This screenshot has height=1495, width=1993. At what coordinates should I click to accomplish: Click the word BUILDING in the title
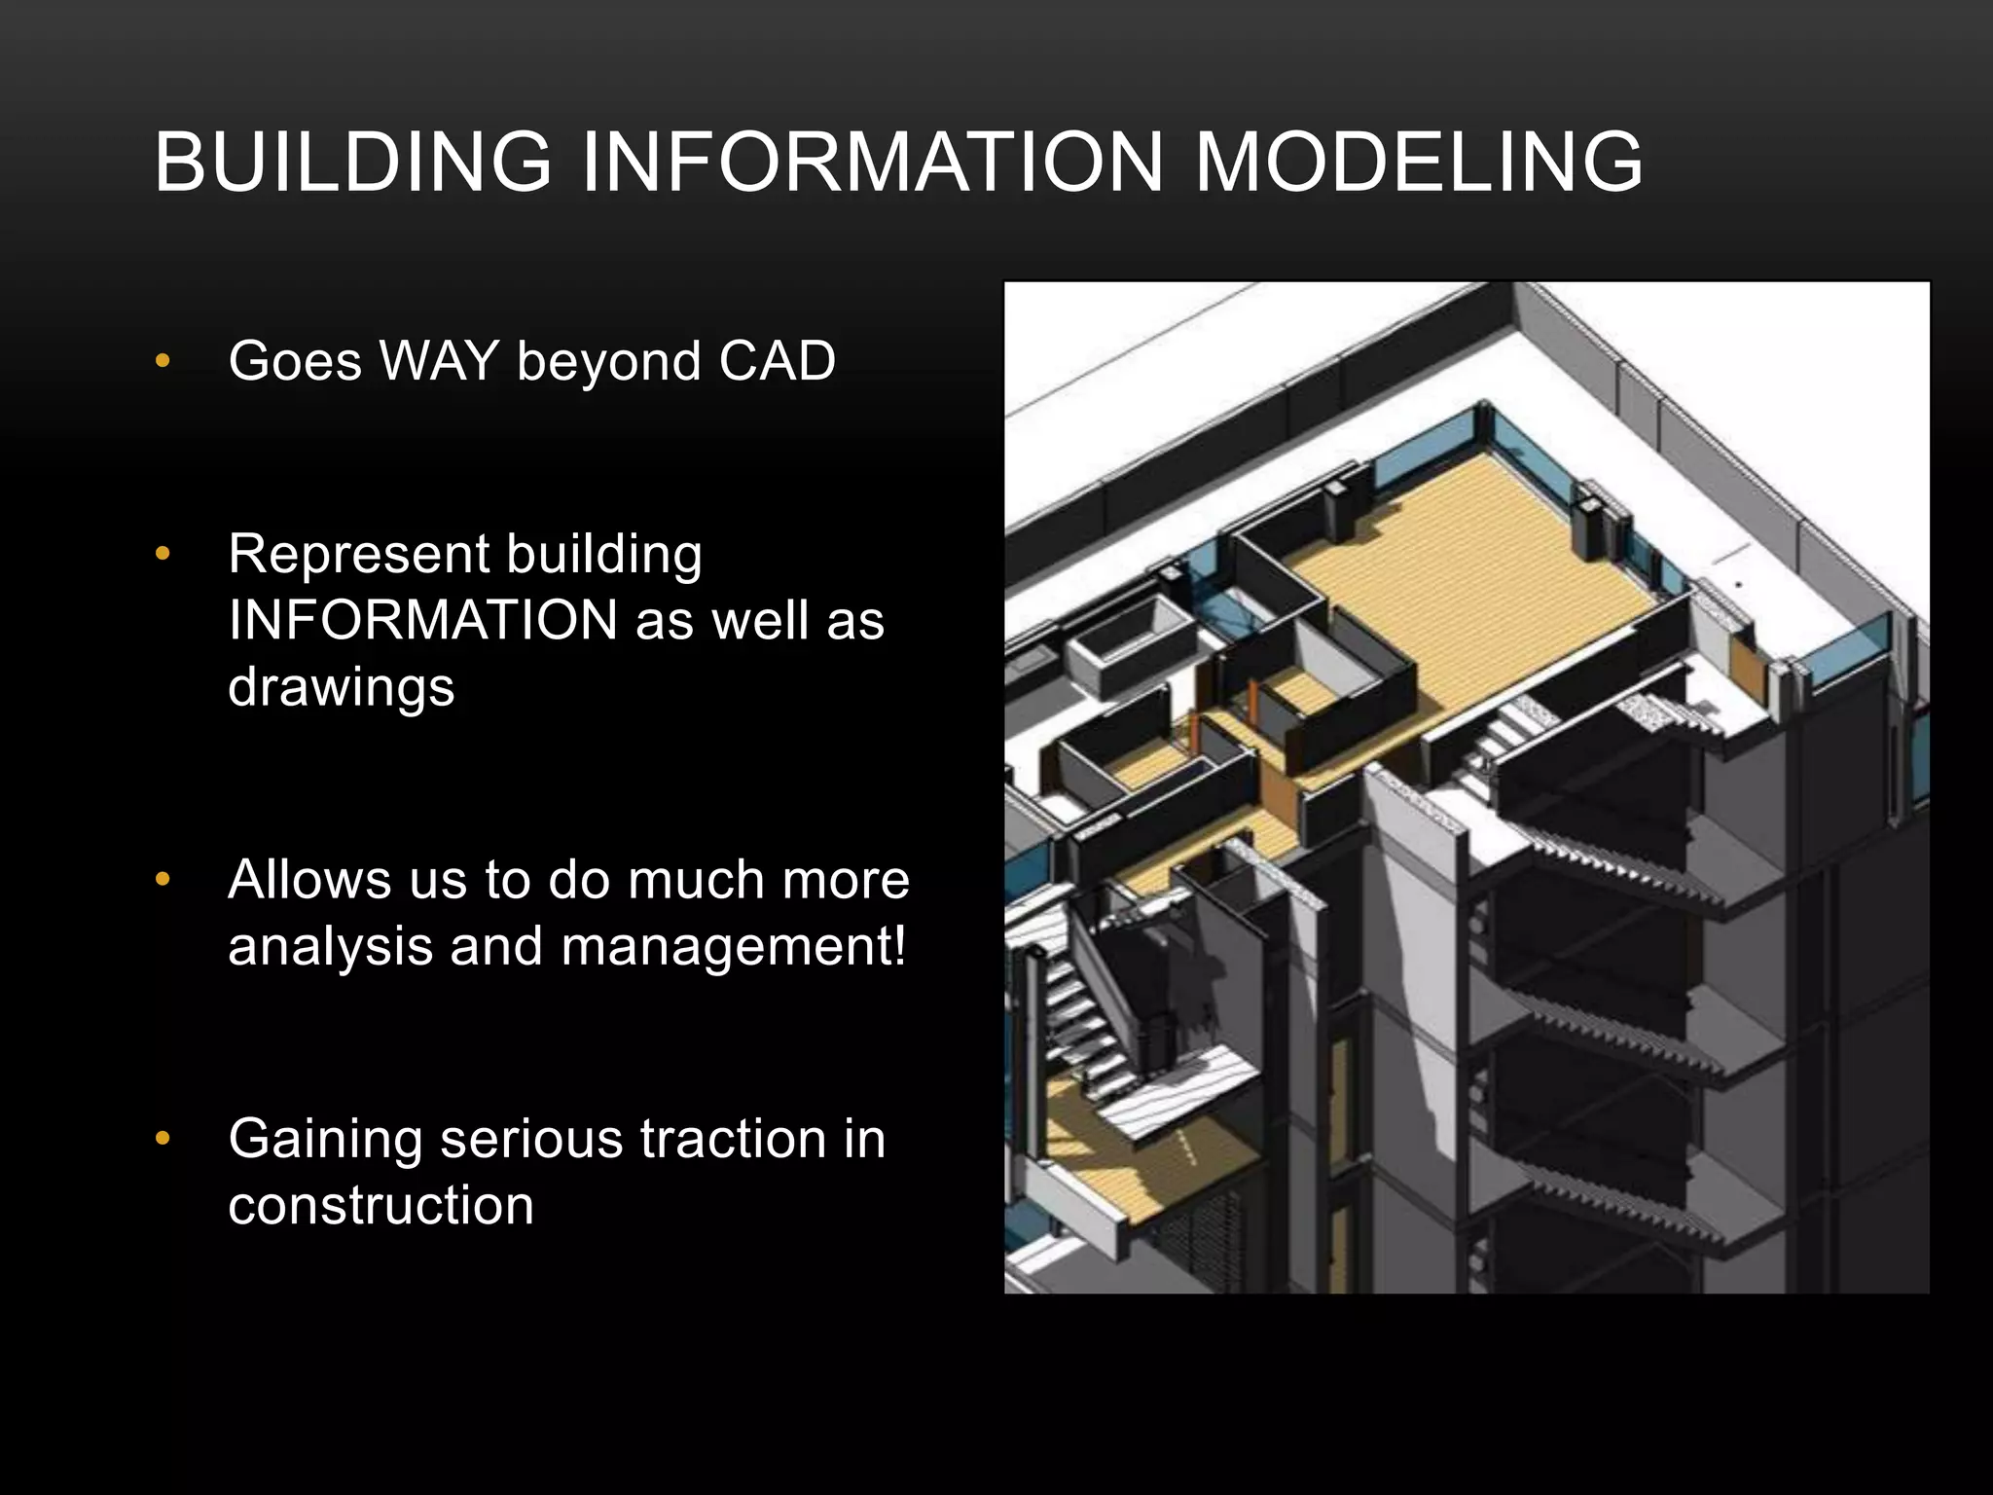point(353,162)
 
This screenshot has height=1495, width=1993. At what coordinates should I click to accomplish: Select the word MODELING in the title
point(1418,162)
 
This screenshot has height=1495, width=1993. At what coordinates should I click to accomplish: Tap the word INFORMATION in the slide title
point(872,162)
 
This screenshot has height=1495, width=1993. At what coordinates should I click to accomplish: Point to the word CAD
point(777,361)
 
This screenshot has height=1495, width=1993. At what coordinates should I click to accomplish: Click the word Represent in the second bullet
point(358,556)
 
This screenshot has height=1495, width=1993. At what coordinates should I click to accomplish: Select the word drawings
point(341,686)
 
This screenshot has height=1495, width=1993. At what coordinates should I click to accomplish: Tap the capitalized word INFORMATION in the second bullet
point(422,621)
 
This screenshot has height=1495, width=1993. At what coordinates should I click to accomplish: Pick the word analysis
point(330,946)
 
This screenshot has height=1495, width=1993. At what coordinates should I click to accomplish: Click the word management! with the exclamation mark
point(734,946)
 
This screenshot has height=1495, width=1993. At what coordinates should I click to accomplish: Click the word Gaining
point(325,1141)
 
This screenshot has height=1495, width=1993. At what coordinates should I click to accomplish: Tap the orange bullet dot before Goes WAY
point(163,361)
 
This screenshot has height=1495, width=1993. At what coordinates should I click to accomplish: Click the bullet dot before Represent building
point(163,555)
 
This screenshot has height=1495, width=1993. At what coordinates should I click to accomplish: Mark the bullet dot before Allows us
point(163,880)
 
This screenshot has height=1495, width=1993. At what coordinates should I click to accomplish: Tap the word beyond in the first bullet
point(607,361)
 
